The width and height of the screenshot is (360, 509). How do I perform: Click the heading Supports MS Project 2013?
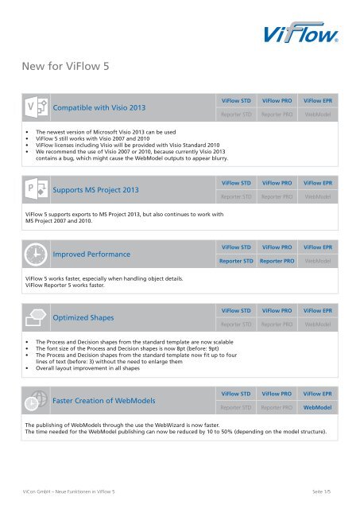[x=96, y=190]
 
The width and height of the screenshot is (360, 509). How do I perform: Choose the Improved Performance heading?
[x=91, y=254]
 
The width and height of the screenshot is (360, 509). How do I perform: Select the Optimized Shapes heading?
[x=83, y=317]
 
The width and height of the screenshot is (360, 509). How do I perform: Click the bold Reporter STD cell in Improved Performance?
[x=237, y=260]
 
